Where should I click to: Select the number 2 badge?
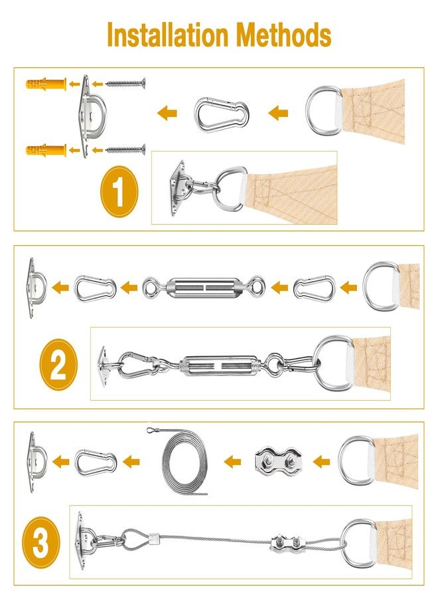click(x=58, y=365)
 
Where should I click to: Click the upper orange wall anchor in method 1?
click(x=46, y=84)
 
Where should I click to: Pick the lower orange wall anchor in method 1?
click(x=46, y=149)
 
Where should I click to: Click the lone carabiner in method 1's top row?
click(x=222, y=114)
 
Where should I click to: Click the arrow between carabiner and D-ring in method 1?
click(x=278, y=114)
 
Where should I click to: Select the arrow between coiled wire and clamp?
click(x=232, y=460)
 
